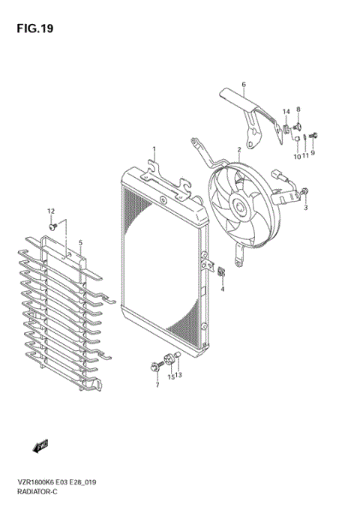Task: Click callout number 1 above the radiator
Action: tap(154, 149)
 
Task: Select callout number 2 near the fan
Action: tap(239, 150)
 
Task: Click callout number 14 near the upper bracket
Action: tap(286, 112)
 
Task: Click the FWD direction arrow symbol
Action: tap(40, 447)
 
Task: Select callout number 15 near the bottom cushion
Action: tap(171, 376)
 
